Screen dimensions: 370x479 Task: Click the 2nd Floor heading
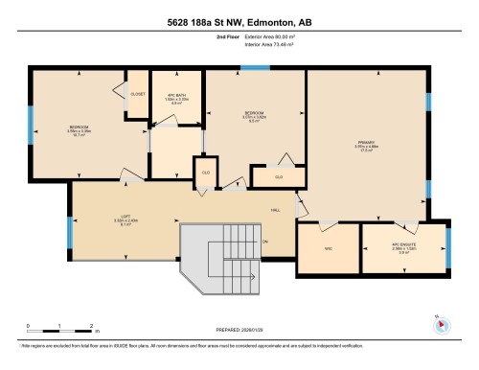[227, 37]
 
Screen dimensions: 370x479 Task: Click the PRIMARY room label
[365, 144]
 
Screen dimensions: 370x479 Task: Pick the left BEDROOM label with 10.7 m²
[79, 130]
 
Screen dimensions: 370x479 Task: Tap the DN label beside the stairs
[265, 241]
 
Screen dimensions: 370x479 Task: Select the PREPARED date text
[238, 330]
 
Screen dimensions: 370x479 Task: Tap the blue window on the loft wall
[69, 230]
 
